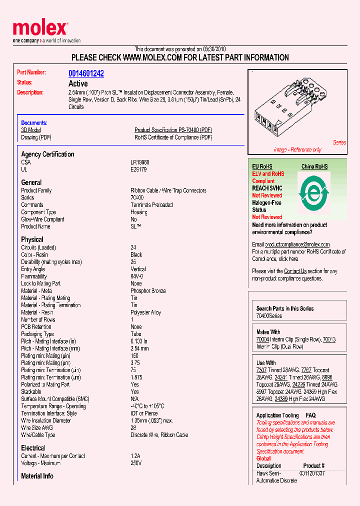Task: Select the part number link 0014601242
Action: point(86,73)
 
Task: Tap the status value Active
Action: point(78,83)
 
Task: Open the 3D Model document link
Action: point(30,130)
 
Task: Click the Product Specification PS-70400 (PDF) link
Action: point(173,130)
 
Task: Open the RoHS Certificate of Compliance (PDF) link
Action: point(173,137)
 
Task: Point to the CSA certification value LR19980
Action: point(140,162)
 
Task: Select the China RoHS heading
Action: point(314,166)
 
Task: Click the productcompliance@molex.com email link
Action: point(297,244)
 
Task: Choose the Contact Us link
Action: point(295,271)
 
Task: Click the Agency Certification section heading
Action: point(47,154)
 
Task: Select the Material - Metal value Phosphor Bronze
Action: point(148,291)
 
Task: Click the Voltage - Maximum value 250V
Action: point(136,463)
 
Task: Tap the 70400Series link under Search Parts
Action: point(269,316)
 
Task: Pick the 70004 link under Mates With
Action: point(261,339)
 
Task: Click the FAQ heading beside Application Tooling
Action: point(310,415)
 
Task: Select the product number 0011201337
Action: point(312,473)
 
